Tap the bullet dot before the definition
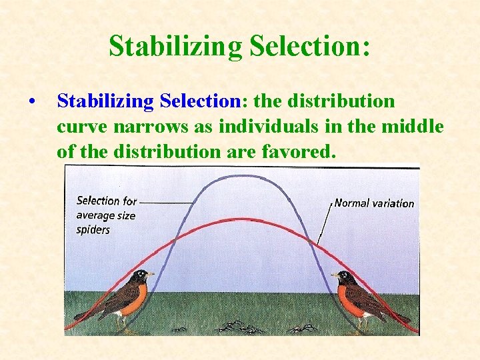tap(32, 102)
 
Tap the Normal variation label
tap(374, 203)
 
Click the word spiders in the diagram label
tap(93, 229)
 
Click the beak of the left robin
tap(152, 274)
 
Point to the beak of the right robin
tap(333, 275)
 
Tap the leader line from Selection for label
tap(167, 201)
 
